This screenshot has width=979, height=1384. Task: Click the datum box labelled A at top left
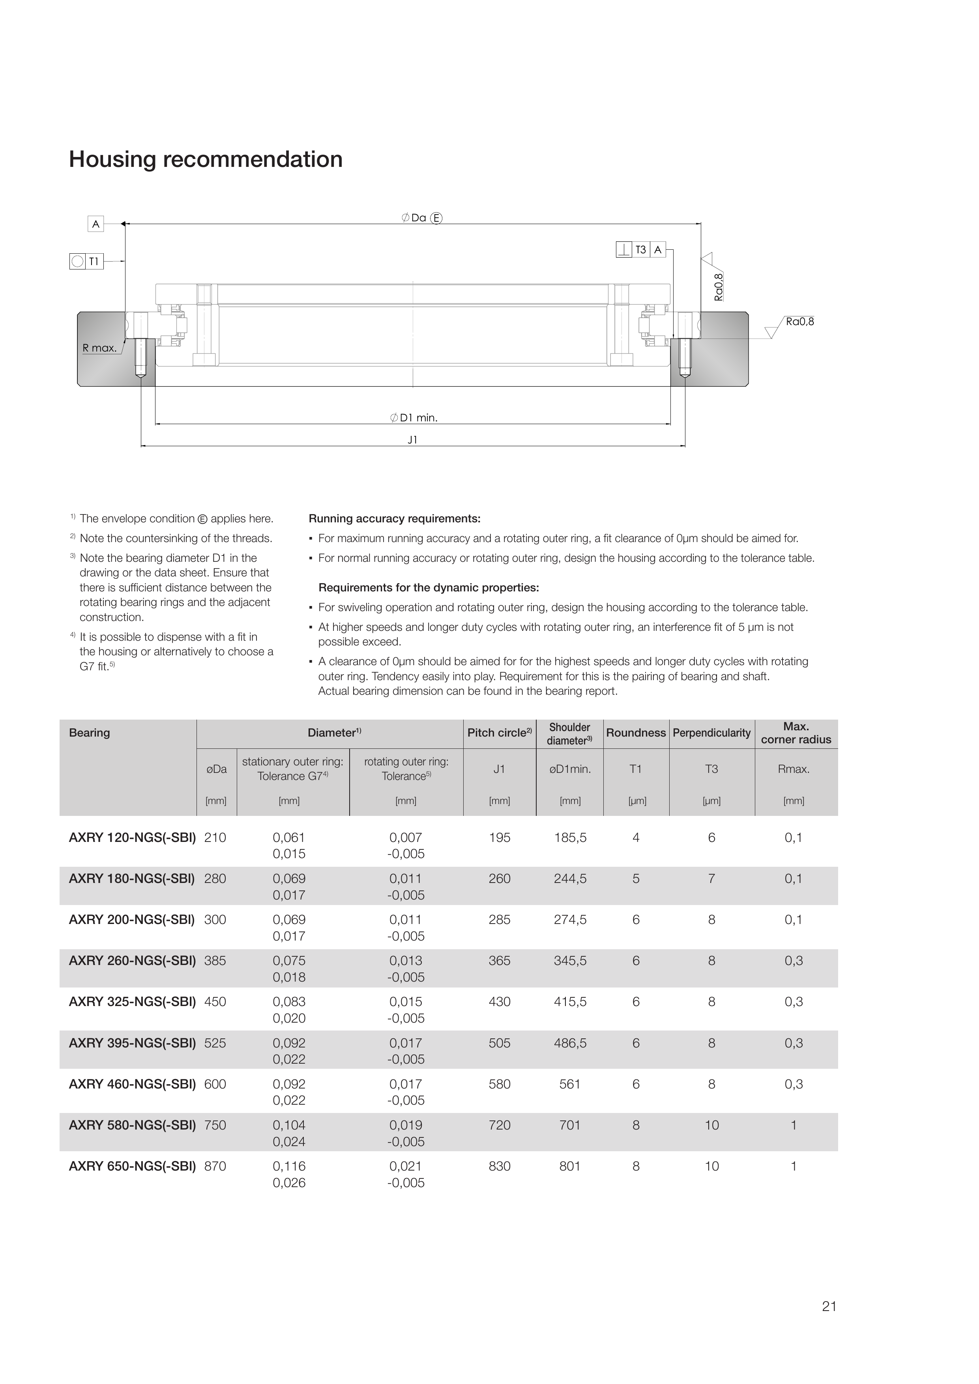tap(95, 224)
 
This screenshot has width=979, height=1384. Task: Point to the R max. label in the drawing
tap(99, 348)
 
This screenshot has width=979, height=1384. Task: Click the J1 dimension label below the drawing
tap(412, 440)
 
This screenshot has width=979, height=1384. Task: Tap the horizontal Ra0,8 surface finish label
tap(799, 322)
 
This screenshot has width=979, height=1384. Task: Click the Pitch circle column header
tap(499, 733)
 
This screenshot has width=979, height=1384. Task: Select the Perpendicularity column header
tap(711, 733)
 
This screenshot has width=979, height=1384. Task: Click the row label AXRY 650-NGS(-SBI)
tap(132, 1166)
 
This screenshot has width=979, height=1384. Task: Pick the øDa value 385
tap(215, 961)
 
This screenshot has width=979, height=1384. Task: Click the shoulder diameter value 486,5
tap(570, 1043)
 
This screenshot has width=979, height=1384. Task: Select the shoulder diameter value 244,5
tap(570, 879)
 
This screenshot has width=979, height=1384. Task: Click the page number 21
tap(829, 1306)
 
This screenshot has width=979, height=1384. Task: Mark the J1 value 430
tap(499, 1002)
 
